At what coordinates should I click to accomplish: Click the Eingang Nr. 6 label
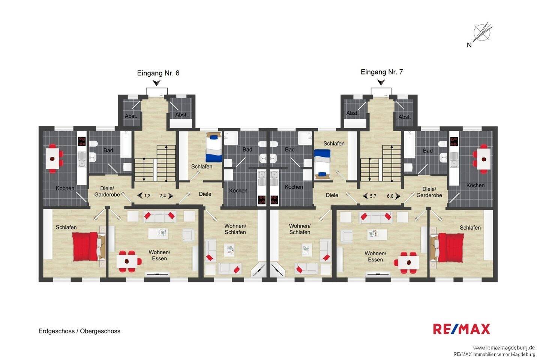click(158, 73)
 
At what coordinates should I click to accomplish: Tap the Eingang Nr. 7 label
click(382, 72)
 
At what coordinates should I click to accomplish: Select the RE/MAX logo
click(461, 329)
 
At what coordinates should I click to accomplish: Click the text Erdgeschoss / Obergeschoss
click(79, 331)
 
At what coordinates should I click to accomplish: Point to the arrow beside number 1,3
click(140, 195)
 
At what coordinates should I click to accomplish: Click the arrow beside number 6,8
click(398, 196)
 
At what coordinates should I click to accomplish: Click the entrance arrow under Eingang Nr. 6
click(157, 83)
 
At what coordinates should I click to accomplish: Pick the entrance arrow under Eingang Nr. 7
click(381, 82)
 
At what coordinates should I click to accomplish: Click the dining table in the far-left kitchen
click(52, 159)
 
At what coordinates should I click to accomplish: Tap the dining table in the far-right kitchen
click(484, 159)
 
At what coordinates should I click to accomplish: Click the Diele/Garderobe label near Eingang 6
click(107, 192)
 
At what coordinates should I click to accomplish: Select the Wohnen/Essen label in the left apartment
click(159, 255)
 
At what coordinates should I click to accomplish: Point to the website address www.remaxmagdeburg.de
click(504, 348)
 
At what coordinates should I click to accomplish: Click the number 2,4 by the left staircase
click(162, 195)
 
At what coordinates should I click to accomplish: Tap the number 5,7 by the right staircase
click(373, 196)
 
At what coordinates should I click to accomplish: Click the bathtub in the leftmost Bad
click(126, 144)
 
